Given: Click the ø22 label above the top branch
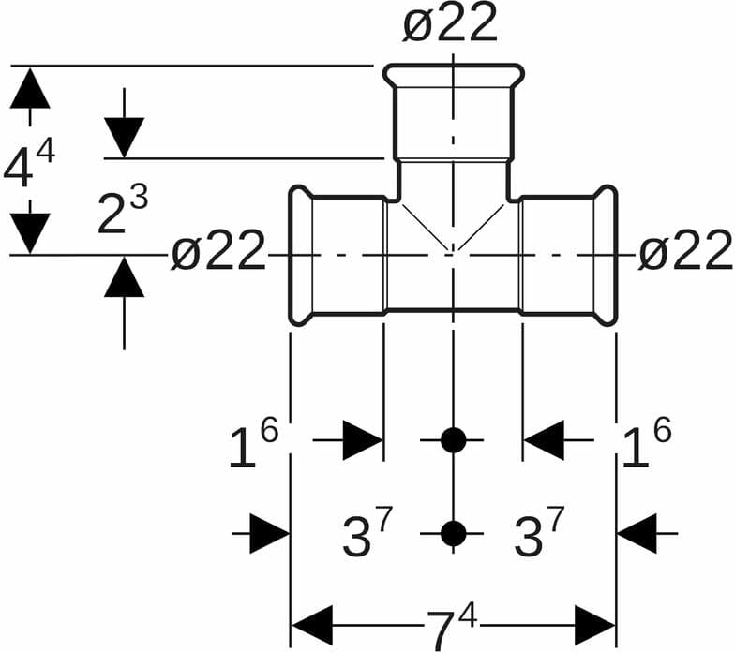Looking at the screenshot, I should (450, 24).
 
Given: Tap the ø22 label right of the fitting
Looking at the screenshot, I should (685, 251).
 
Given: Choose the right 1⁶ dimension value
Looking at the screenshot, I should (647, 446).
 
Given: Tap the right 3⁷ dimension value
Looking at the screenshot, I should (539, 536).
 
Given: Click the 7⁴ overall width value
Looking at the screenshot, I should (452, 626).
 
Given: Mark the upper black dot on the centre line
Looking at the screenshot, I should (453, 439).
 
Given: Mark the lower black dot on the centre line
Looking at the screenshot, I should (453, 533).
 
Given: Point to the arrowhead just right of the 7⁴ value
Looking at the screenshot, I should (594, 626).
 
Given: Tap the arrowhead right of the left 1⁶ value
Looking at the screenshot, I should (363, 440).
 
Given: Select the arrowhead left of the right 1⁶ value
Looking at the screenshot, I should (544, 440).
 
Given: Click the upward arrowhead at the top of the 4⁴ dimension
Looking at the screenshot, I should (31, 88).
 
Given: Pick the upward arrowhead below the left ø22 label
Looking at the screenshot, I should (124, 277).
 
